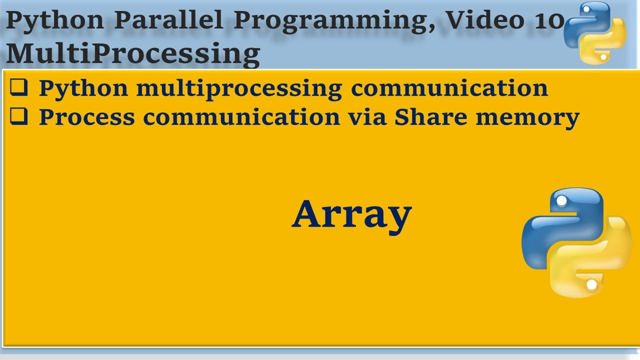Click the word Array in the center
tap(351, 215)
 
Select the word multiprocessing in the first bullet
tap(239, 89)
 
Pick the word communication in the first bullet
tap(449, 88)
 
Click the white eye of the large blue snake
tap(561, 201)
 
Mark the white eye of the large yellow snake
tap(591, 284)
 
